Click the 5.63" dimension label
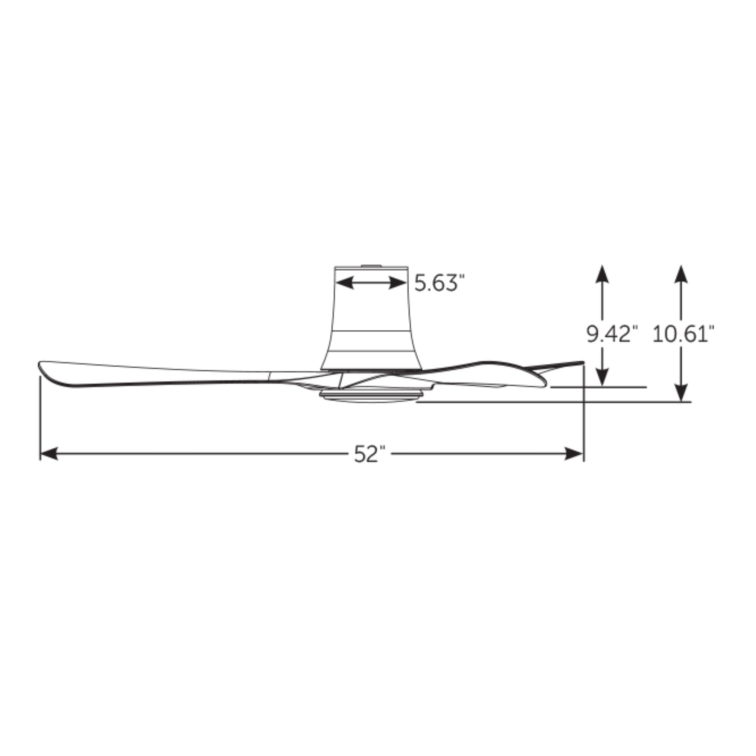(x=440, y=283)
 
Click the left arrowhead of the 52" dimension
(x=49, y=454)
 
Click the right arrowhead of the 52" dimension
(x=574, y=454)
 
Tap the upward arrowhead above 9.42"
(x=602, y=274)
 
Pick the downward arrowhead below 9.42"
(x=602, y=378)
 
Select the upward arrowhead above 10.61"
(x=681, y=274)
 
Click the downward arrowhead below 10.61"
(x=681, y=393)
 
